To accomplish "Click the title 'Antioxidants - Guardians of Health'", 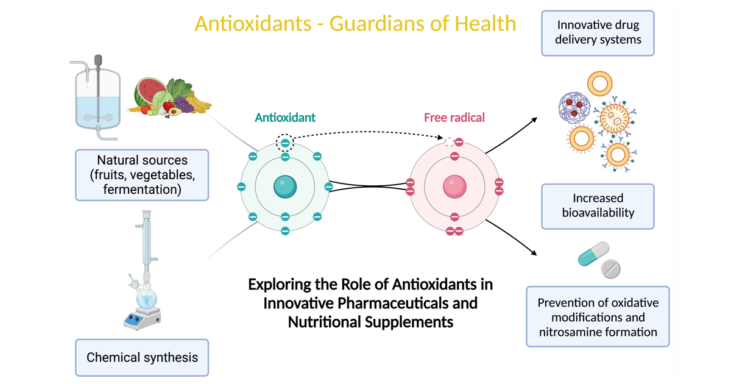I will pos(355,24).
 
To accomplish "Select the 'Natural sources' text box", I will pos(142,175).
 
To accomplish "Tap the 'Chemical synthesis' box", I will pos(142,357).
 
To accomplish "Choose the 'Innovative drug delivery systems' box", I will pos(598,33).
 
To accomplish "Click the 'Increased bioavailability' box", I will pos(598,206).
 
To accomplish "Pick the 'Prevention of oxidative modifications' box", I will pos(598,317).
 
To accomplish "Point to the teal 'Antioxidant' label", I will pos(285,118).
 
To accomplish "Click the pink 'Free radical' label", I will pos(454,118).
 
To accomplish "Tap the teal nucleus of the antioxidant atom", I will pos(284,187).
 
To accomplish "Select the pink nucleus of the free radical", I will pos(454,187).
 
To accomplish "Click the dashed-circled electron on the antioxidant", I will pos(284,143).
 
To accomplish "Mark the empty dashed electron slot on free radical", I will pos(450,143).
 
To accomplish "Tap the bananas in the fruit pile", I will pos(199,101).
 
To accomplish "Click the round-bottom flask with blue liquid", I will pos(146,299).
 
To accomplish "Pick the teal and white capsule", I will pos(593,254).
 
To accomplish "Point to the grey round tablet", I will pos(610,268).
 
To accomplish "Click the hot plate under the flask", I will pos(143,318).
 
